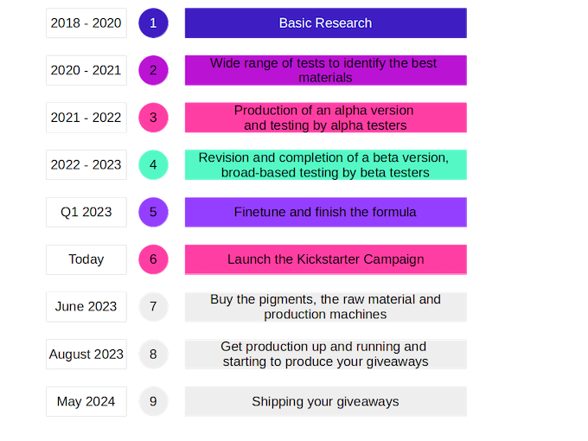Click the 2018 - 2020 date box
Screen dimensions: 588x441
tap(86, 22)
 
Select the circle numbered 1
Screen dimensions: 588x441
tap(153, 22)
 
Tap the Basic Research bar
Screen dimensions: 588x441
tap(325, 22)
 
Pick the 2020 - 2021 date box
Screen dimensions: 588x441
tap(86, 70)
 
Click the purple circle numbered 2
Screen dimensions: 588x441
tap(153, 70)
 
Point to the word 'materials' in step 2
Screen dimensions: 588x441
tap(325, 78)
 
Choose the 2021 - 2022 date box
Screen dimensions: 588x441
tap(86, 118)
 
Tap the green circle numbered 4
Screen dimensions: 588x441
tap(153, 164)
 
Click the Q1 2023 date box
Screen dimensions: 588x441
tap(86, 212)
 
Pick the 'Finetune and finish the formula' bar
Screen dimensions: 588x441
tap(325, 212)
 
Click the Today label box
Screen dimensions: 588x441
tap(86, 259)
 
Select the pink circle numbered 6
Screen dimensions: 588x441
tap(153, 259)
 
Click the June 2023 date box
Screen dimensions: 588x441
tap(86, 307)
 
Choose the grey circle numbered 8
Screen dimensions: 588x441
tap(153, 354)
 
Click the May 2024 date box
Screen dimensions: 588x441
tap(86, 401)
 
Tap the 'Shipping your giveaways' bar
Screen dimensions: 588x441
tap(325, 401)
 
